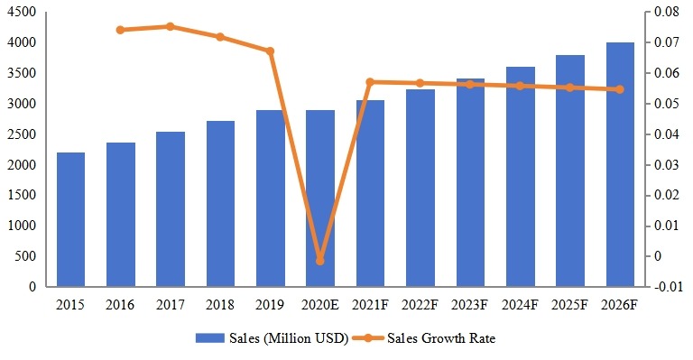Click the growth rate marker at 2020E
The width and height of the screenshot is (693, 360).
coord(320,261)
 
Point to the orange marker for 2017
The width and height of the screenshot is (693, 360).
coord(171,26)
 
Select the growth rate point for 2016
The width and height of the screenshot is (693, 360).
coord(121,30)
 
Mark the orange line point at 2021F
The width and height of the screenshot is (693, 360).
coord(370,82)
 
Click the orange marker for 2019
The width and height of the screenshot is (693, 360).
coord(270,51)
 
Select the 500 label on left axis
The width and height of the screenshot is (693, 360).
coord(27,256)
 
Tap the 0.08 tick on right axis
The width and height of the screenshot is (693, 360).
coord(664,13)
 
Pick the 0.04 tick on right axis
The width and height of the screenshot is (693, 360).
coord(664,134)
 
